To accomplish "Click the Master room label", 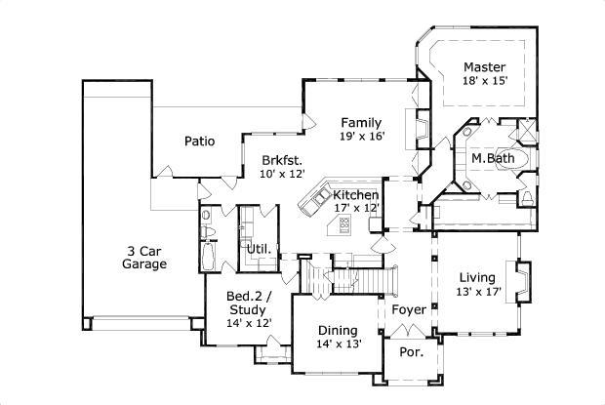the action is click(484, 67).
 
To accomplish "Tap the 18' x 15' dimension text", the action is click(485, 81).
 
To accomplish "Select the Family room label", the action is click(361, 123).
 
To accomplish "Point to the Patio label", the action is click(199, 141).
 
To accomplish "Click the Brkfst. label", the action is click(282, 160).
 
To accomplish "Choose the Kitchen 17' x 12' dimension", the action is click(356, 208).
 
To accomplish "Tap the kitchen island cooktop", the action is click(344, 223).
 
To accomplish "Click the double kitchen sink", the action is click(321, 197).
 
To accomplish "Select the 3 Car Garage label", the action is click(144, 258).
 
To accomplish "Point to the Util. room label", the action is click(259, 249).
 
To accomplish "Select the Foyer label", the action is click(409, 309).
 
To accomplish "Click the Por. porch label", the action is click(412, 351).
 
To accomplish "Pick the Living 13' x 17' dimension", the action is click(478, 292).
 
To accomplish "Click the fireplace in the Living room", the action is click(522, 282).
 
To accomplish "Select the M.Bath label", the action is click(493, 158).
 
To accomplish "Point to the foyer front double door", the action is click(408, 331).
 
